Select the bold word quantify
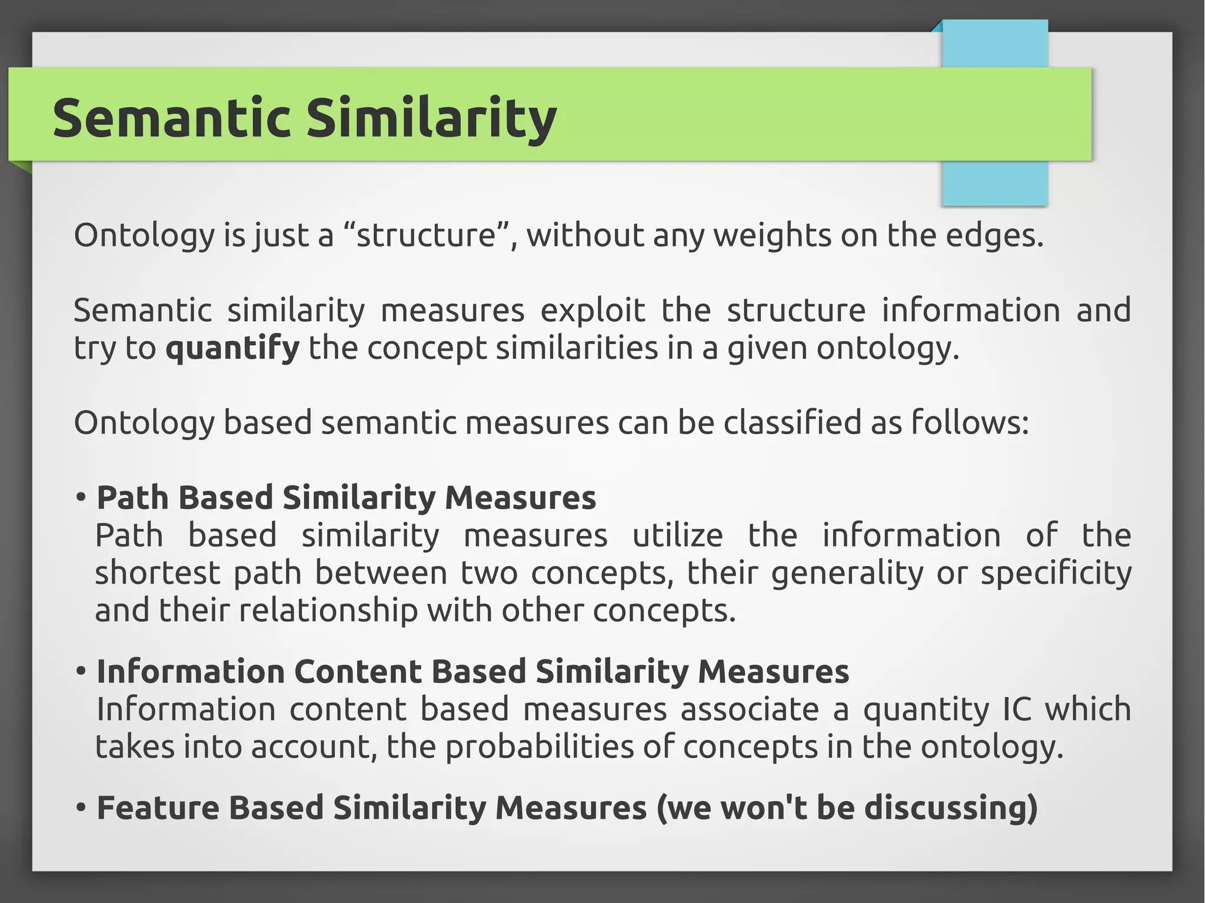tap(232, 348)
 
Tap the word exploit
tap(592, 311)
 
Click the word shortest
tap(157, 573)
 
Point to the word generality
tap(847, 573)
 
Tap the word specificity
tap(1056, 573)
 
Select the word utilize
tap(677, 535)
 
